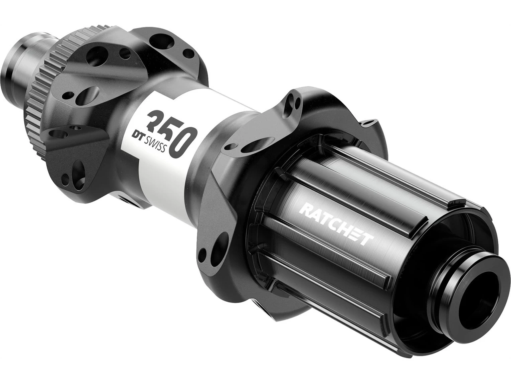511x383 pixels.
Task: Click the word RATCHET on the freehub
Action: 336,223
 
